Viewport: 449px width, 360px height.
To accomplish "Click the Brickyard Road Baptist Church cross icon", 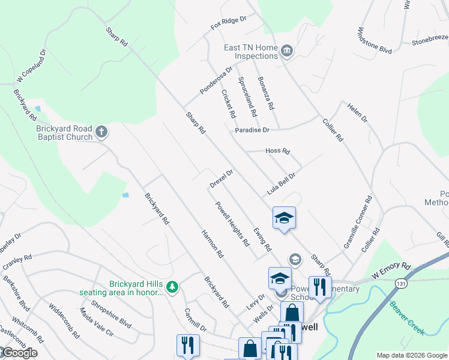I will click(102, 131).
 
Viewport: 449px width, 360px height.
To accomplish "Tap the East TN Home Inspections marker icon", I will click(287, 51).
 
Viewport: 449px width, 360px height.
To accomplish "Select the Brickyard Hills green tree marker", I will click(173, 288).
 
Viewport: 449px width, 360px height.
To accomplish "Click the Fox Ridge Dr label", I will click(228, 23).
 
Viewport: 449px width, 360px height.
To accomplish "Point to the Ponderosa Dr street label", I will click(216, 80).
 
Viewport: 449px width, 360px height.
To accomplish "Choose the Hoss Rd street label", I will click(277, 151).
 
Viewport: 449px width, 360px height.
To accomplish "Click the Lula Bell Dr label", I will click(283, 184).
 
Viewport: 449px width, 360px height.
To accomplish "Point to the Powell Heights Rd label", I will click(233, 223).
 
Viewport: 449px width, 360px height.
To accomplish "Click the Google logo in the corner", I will click(19, 353).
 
